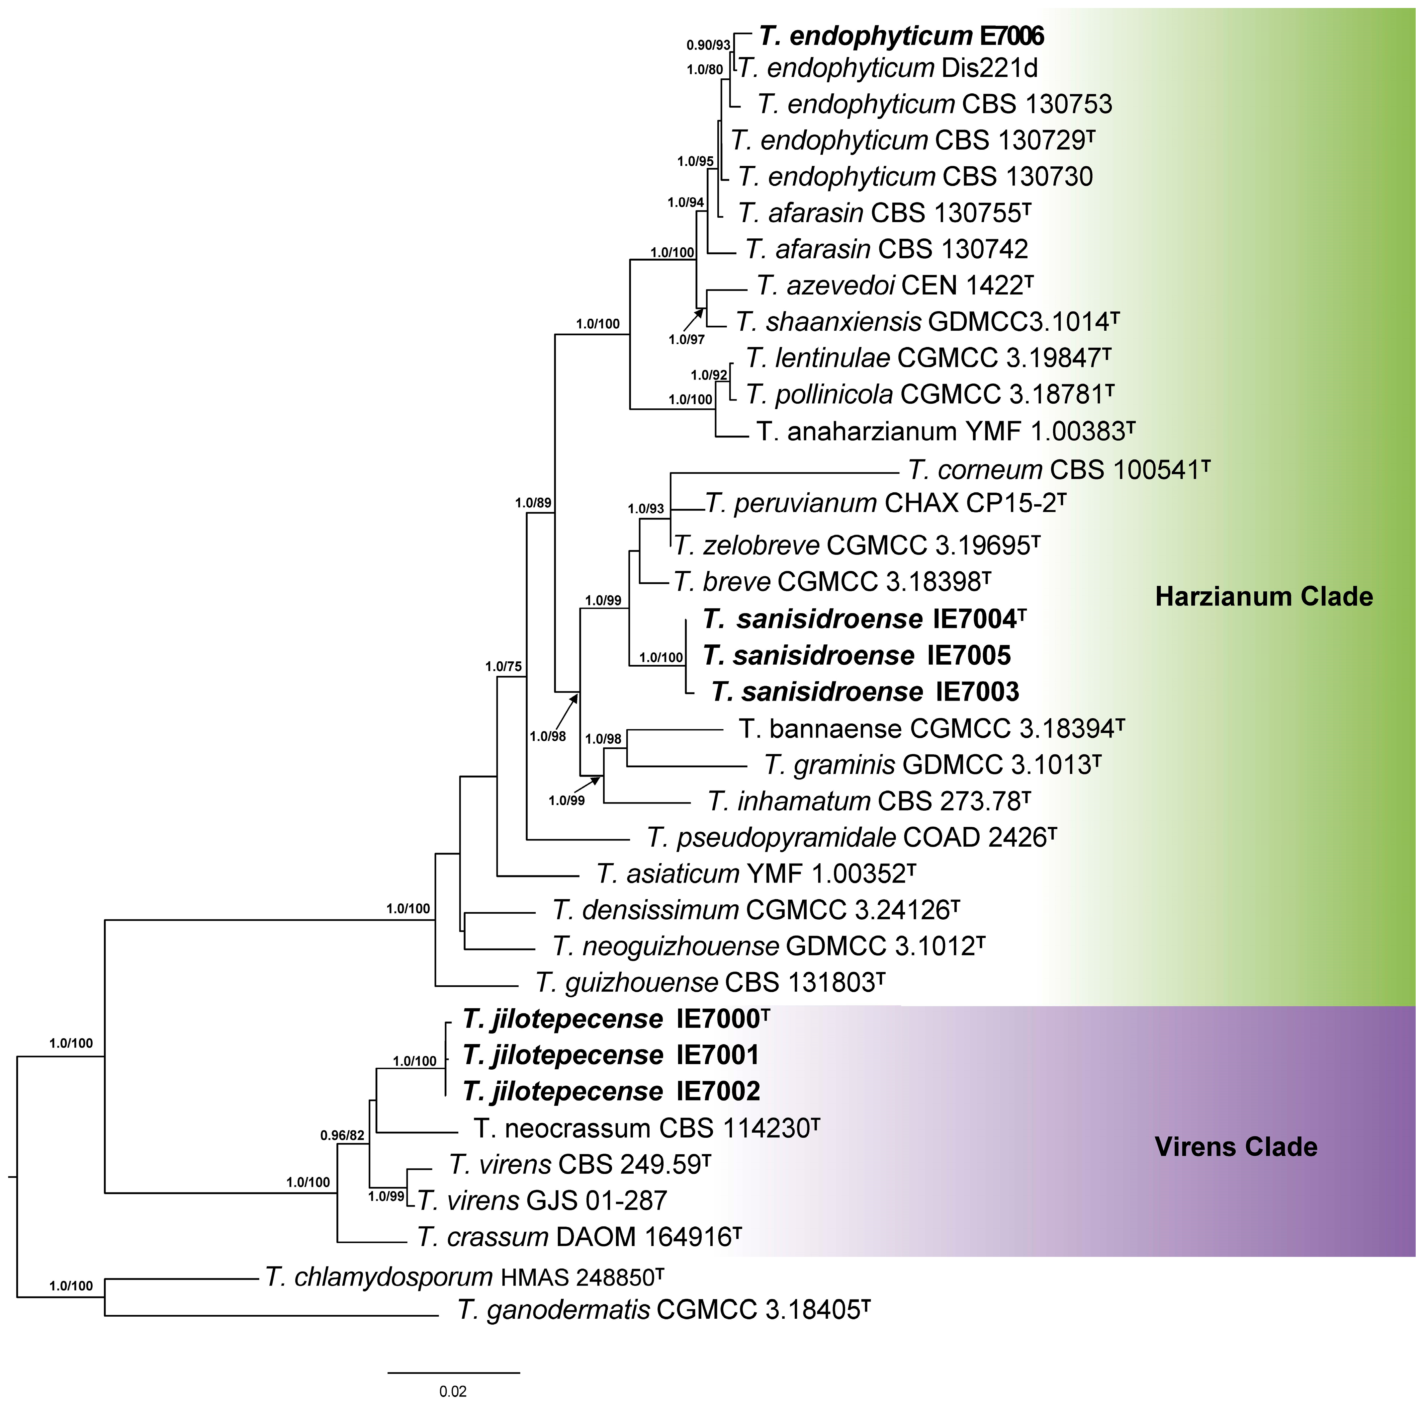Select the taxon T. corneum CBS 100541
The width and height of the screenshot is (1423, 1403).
pos(1058,470)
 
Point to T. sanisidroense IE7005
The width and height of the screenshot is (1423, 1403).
pos(856,655)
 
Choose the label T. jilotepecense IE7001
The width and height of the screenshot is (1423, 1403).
pos(611,1055)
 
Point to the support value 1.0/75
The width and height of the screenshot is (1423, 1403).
pos(503,667)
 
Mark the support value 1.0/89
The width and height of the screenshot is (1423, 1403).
pos(533,503)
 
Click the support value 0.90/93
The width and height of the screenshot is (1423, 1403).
pos(708,45)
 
